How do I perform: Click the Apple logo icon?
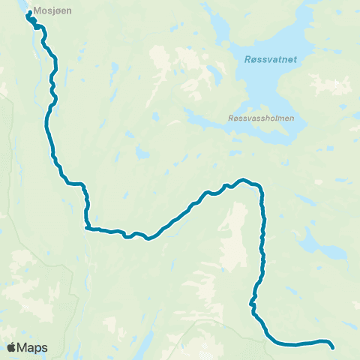click(x=11, y=347)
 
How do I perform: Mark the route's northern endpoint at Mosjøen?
click(x=29, y=14)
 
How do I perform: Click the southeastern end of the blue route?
click(x=332, y=346)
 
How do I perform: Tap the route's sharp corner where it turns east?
click(x=87, y=227)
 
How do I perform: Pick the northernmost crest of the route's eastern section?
click(x=242, y=179)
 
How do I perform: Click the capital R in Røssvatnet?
click(x=248, y=61)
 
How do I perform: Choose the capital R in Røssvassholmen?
click(x=229, y=118)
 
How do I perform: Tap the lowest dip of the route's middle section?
click(x=148, y=239)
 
